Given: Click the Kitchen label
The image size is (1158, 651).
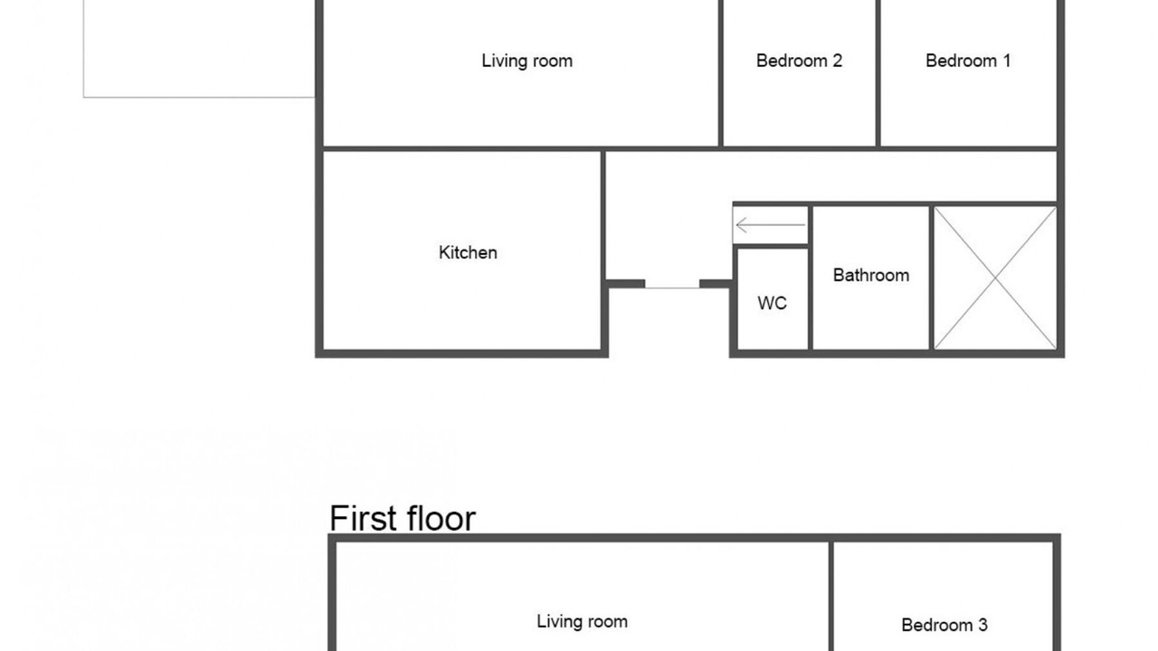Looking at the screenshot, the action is (x=468, y=252).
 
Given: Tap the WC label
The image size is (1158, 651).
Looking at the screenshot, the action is (x=773, y=303).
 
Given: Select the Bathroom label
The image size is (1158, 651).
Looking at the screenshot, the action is (x=871, y=275).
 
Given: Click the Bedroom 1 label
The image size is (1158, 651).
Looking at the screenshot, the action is (x=968, y=61).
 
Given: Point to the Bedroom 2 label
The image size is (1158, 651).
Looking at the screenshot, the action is (x=799, y=61).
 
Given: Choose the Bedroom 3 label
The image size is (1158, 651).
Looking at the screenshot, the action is (x=944, y=625).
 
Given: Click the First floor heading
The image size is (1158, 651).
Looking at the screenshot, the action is (x=403, y=518).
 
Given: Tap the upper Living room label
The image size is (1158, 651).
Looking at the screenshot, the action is (x=527, y=61).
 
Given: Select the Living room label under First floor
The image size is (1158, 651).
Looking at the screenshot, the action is (x=582, y=621).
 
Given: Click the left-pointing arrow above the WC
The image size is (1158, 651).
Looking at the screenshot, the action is (x=770, y=225).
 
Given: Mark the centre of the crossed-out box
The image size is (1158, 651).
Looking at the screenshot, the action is (x=996, y=278).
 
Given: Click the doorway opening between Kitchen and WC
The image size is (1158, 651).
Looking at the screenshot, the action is (x=672, y=286).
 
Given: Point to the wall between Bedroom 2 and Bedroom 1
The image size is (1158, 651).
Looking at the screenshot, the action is (x=878, y=73).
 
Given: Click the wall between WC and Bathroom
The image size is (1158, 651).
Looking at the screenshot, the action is (x=810, y=278).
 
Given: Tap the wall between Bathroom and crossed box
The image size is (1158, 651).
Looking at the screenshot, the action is (x=932, y=278).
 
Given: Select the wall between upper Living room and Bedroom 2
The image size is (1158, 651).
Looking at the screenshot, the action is (x=720, y=73).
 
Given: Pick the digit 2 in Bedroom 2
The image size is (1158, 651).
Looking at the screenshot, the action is (x=838, y=61).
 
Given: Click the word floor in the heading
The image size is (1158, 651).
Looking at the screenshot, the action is (x=441, y=518).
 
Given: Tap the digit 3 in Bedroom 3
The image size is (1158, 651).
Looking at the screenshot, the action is (x=982, y=625).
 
